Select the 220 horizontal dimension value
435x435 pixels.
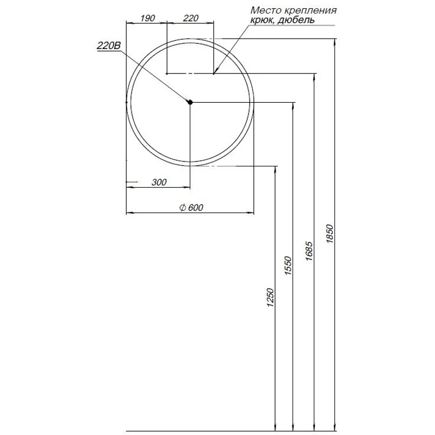190,18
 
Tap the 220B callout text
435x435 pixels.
108,47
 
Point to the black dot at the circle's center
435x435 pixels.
190,102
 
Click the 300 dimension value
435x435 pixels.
159,183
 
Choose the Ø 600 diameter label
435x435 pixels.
190,207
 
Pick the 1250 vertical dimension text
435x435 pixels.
271,297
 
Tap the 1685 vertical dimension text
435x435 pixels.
309,251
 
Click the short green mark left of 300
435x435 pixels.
132,181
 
